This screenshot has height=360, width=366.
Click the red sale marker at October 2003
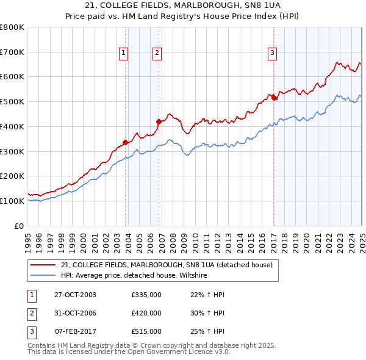[x=126, y=143]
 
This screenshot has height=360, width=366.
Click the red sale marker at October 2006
[x=159, y=121]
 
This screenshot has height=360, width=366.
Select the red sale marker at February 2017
[x=274, y=97]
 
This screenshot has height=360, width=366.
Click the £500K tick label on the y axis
[x=12, y=101]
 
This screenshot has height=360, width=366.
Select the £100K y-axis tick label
[x=12, y=201]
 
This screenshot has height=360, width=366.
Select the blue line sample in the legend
[x=43, y=276]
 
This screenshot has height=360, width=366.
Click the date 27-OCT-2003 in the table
[x=76, y=295]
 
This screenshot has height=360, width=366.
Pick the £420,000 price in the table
[x=146, y=313]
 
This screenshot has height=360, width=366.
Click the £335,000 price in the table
[x=146, y=295]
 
